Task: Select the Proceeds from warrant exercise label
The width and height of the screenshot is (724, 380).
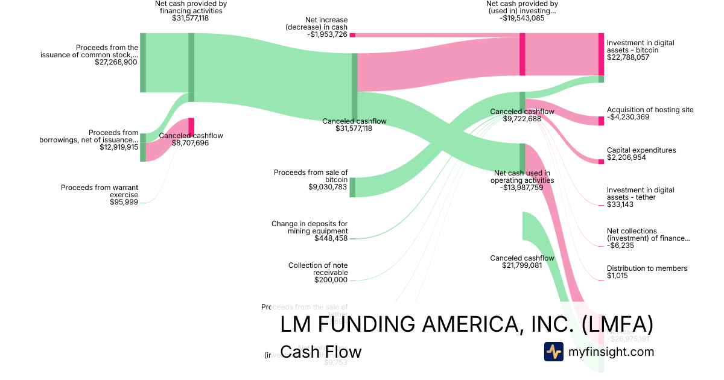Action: (x=100, y=191)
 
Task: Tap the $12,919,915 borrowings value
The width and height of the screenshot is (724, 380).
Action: (x=119, y=147)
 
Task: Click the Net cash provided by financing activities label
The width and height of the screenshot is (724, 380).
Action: (x=191, y=7)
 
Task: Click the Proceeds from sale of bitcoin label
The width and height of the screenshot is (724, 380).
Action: (x=311, y=176)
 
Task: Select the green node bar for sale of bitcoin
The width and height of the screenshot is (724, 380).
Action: (x=353, y=187)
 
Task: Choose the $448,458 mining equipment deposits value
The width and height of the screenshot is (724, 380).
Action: (x=331, y=238)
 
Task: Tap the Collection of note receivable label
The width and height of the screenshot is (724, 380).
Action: (x=318, y=269)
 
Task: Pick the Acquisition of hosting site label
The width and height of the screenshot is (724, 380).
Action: (x=650, y=110)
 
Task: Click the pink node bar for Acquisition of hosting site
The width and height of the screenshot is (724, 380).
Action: (x=601, y=121)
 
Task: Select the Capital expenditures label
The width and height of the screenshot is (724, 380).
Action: (x=641, y=150)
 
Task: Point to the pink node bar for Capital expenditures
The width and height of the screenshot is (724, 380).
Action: (x=601, y=162)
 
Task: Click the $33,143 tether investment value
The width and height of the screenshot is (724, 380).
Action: (x=620, y=204)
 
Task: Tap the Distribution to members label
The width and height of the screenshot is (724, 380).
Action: (x=647, y=268)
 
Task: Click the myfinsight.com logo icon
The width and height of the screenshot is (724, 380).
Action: (x=553, y=352)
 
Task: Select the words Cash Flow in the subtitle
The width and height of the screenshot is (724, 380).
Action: (x=321, y=352)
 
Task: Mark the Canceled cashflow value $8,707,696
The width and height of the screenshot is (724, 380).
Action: (x=191, y=143)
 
